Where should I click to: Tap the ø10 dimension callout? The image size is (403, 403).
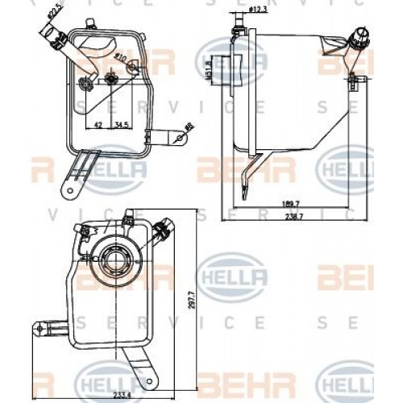click(x=120, y=57)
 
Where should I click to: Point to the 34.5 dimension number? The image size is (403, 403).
click(x=122, y=126)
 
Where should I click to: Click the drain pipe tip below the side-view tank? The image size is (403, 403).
click(x=245, y=192)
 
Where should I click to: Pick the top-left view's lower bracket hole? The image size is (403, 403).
click(x=70, y=191)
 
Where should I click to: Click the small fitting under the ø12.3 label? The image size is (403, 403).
click(x=235, y=31)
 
